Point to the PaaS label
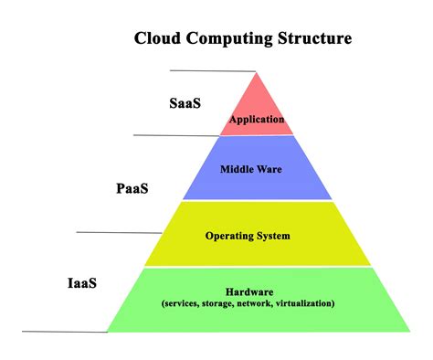pos(132,189)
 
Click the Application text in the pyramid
pos(257,119)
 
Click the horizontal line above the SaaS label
pos(212,70)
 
